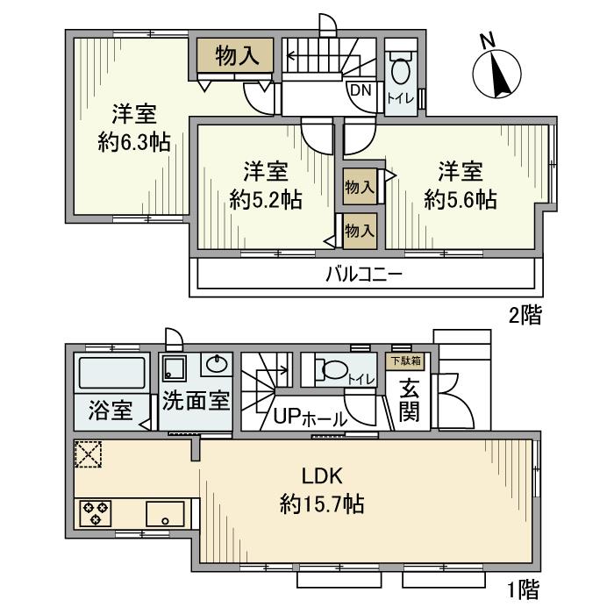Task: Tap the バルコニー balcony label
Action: (364, 275)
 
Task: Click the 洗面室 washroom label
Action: (196, 399)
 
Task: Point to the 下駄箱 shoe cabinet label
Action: (404, 360)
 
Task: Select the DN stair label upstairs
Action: (361, 89)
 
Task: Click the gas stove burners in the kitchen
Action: (94, 512)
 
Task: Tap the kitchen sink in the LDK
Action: (164, 512)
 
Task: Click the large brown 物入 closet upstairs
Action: (234, 56)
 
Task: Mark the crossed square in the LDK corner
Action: (88, 454)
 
